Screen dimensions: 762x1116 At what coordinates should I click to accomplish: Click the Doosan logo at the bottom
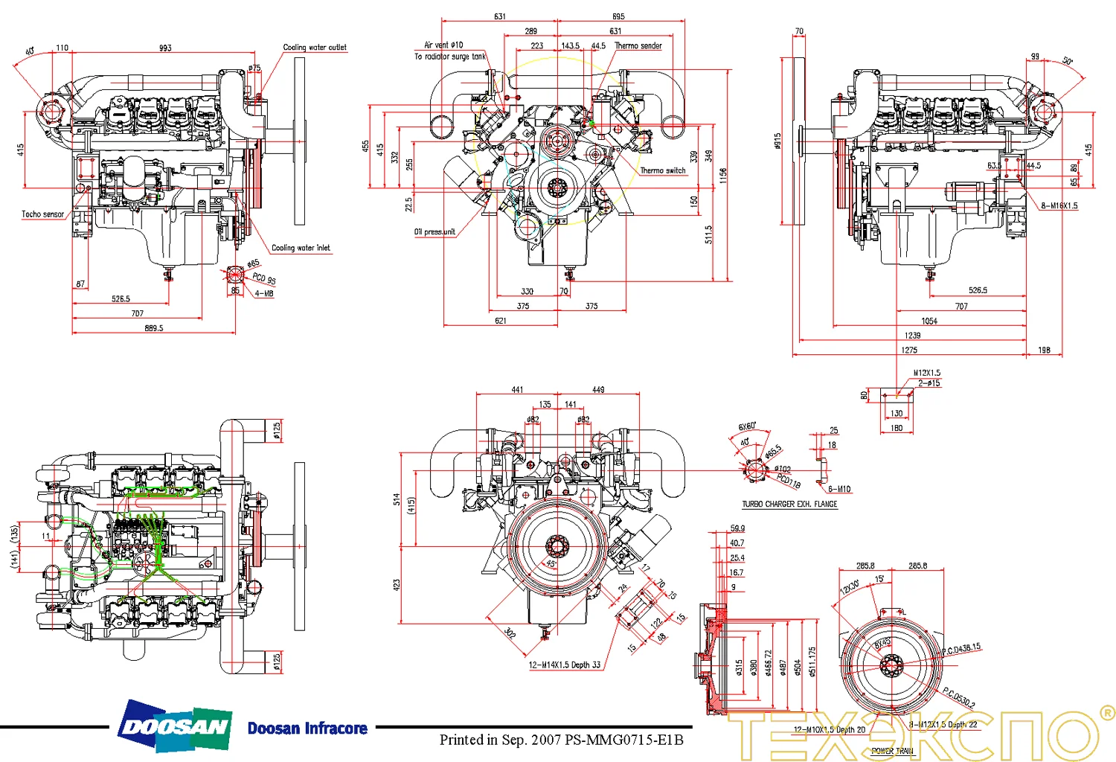[x=176, y=726]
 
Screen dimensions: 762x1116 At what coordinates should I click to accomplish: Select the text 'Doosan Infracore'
[x=307, y=729]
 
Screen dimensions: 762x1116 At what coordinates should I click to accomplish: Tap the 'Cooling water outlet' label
[x=314, y=47]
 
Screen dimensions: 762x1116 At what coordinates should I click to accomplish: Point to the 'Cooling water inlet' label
[x=301, y=248]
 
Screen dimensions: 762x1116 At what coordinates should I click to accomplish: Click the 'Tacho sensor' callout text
[x=42, y=214]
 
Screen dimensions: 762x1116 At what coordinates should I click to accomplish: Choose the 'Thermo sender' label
[x=638, y=46]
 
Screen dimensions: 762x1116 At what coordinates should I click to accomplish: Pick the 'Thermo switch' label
[x=662, y=170]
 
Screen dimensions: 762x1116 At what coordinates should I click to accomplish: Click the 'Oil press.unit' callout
[x=434, y=232]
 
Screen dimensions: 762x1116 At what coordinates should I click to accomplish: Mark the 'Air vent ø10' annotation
[x=443, y=45]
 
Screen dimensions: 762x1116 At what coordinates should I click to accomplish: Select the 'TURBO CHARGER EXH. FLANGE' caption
[x=789, y=505]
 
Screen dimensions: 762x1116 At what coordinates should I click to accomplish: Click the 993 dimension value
[x=165, y=48]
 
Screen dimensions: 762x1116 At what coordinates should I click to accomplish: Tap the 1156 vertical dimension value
[x=723, y=176]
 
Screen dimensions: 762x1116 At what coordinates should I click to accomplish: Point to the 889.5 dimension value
[x=153, y=328]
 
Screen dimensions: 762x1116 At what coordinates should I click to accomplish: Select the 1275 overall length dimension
[x=909, y=350]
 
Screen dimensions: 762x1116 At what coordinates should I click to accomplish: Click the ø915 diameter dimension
[x=777, y=141]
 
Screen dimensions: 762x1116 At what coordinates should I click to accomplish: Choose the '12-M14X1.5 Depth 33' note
[x=564, y=665]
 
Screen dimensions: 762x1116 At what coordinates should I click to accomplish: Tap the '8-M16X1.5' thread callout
[x=1059, y=205]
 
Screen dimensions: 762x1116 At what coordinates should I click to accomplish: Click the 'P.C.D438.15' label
[x=961, y=649]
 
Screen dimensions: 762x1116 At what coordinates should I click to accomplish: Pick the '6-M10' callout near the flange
[x=839, y=489]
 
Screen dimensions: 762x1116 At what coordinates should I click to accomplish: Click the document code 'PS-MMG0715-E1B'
[x=623, y=740]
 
